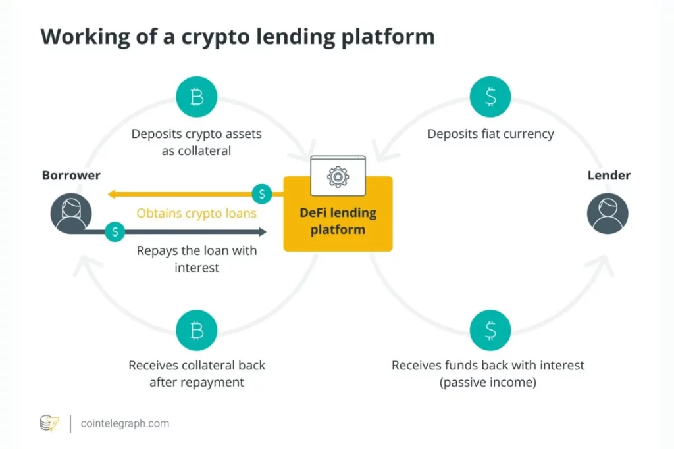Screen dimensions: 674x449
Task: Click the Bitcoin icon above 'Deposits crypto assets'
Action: pyautogui.click(x=196, y=97)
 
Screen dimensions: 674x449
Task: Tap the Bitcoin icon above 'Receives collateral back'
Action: pyautogui.click(x=196, y=330)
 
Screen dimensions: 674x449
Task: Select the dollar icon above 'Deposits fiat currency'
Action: pyautogui.click(x=490, y=97)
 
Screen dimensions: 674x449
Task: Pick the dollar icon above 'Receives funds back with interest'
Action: pyautogui.click(x=490, y=330)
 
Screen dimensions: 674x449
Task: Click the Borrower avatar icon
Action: pyautogui.click(x=71, y=214)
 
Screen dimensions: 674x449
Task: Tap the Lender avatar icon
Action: pyautogui.click(x=608, y=214)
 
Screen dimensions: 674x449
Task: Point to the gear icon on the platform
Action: pyautogui.click(x=338, y=177)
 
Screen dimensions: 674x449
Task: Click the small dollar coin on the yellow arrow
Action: pyautogui.click(x=262, y=194)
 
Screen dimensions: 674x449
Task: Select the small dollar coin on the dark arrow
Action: pyautogui.click(x=115, y=232)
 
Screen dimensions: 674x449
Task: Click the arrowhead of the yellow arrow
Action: pyautogui.click(x=112, y=194)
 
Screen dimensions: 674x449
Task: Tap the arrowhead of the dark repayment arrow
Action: pyautogui.click(x=262, y=232)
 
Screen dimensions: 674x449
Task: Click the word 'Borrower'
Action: pyautogui.click(x=71, y=175)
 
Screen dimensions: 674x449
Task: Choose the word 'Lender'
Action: pyautogui.click(x=609, y=175)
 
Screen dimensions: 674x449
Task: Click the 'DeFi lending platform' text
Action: pyautogui.click(x=338, y=221)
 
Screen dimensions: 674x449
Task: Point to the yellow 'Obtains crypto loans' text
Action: pyautogui.click(x=196, y=214)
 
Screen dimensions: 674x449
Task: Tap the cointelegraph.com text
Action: pyautogui.click(x=125, y=423)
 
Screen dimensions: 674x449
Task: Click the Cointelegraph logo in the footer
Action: pyautogui.click(x=49, y=423)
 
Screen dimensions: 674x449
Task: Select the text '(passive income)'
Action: pyautogui.click(x=488, y=382)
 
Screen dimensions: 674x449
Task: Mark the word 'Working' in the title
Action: pyautogui.click(x=85, y=37)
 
